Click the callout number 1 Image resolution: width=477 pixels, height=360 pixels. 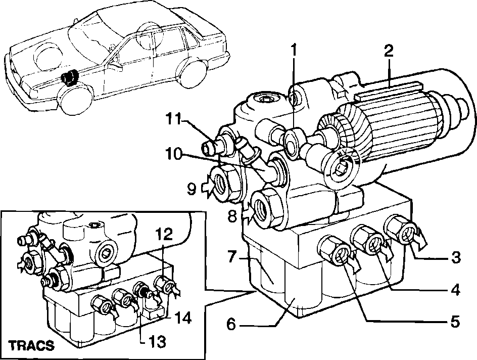click(x=293, y=51)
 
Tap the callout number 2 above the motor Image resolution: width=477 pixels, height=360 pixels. click(x=389, y=52)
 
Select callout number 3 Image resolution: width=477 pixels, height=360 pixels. click(x=455, y=257)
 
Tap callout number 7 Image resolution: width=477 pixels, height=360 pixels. click(x=232, y=257)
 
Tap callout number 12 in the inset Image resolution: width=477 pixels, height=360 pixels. click(x=164, y=235)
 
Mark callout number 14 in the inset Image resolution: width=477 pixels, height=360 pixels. click(x=183, y=319)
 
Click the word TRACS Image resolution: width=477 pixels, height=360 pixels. click(x=31, y=345)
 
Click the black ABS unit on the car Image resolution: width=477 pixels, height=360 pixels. click(x=69, y=78)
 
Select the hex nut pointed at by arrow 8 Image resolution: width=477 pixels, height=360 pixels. click(x=268, y=208)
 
